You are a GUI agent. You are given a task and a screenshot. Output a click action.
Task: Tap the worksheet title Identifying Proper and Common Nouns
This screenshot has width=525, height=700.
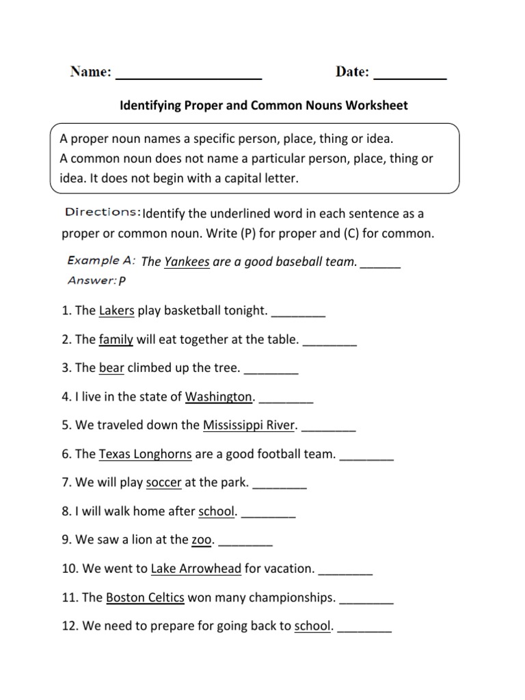pos(264,106)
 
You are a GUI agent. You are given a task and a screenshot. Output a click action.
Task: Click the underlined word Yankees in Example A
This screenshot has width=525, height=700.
pos(187,261)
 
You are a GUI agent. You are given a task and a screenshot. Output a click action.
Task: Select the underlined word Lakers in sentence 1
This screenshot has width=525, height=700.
pos(117,311)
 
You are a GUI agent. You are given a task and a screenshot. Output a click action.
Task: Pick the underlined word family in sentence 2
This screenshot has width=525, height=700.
pos(116,340)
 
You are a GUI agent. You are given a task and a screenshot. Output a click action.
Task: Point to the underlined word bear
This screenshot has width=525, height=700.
pos(111,368)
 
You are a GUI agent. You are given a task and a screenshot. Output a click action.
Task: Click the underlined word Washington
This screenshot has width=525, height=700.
pos(219,397)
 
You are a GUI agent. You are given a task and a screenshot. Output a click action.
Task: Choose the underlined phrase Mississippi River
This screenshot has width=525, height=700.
pos(249,426)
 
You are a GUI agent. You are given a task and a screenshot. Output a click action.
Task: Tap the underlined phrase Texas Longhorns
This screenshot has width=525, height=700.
pos(145,455)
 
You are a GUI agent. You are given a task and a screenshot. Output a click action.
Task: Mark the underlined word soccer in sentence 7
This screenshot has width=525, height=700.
pos(164,483)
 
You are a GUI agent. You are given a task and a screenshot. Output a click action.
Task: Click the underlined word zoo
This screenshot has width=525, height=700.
pos(202,540)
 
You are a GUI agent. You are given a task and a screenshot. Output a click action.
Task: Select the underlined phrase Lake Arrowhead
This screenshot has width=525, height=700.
pos(196,569)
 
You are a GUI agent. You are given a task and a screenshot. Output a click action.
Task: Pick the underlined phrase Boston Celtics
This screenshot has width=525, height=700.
pos(146,598)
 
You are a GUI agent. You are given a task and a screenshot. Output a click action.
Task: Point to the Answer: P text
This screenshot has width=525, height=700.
pos(97,280)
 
